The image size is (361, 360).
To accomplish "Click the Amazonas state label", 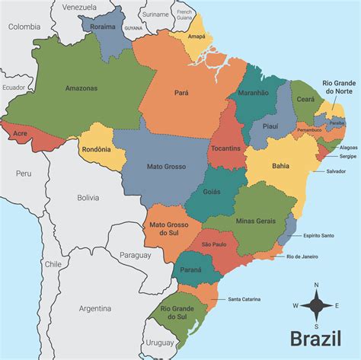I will coord(81,88).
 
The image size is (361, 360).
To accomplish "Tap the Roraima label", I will coord(102,27).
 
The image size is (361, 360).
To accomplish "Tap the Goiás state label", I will coord(212,191).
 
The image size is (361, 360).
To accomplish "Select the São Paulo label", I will coord(213,244).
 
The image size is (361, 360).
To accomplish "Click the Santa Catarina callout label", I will coord(245,299).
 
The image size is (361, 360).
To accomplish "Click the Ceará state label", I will coord(305,98).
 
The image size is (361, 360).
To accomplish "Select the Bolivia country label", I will coord(88,198).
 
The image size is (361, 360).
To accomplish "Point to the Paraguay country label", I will coord(136,256).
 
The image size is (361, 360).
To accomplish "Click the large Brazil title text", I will coord(315,338).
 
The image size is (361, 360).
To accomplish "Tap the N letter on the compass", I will coord(316,285).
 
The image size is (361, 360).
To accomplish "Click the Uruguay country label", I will coord(159,342).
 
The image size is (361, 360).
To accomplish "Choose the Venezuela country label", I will coord(80,7).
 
